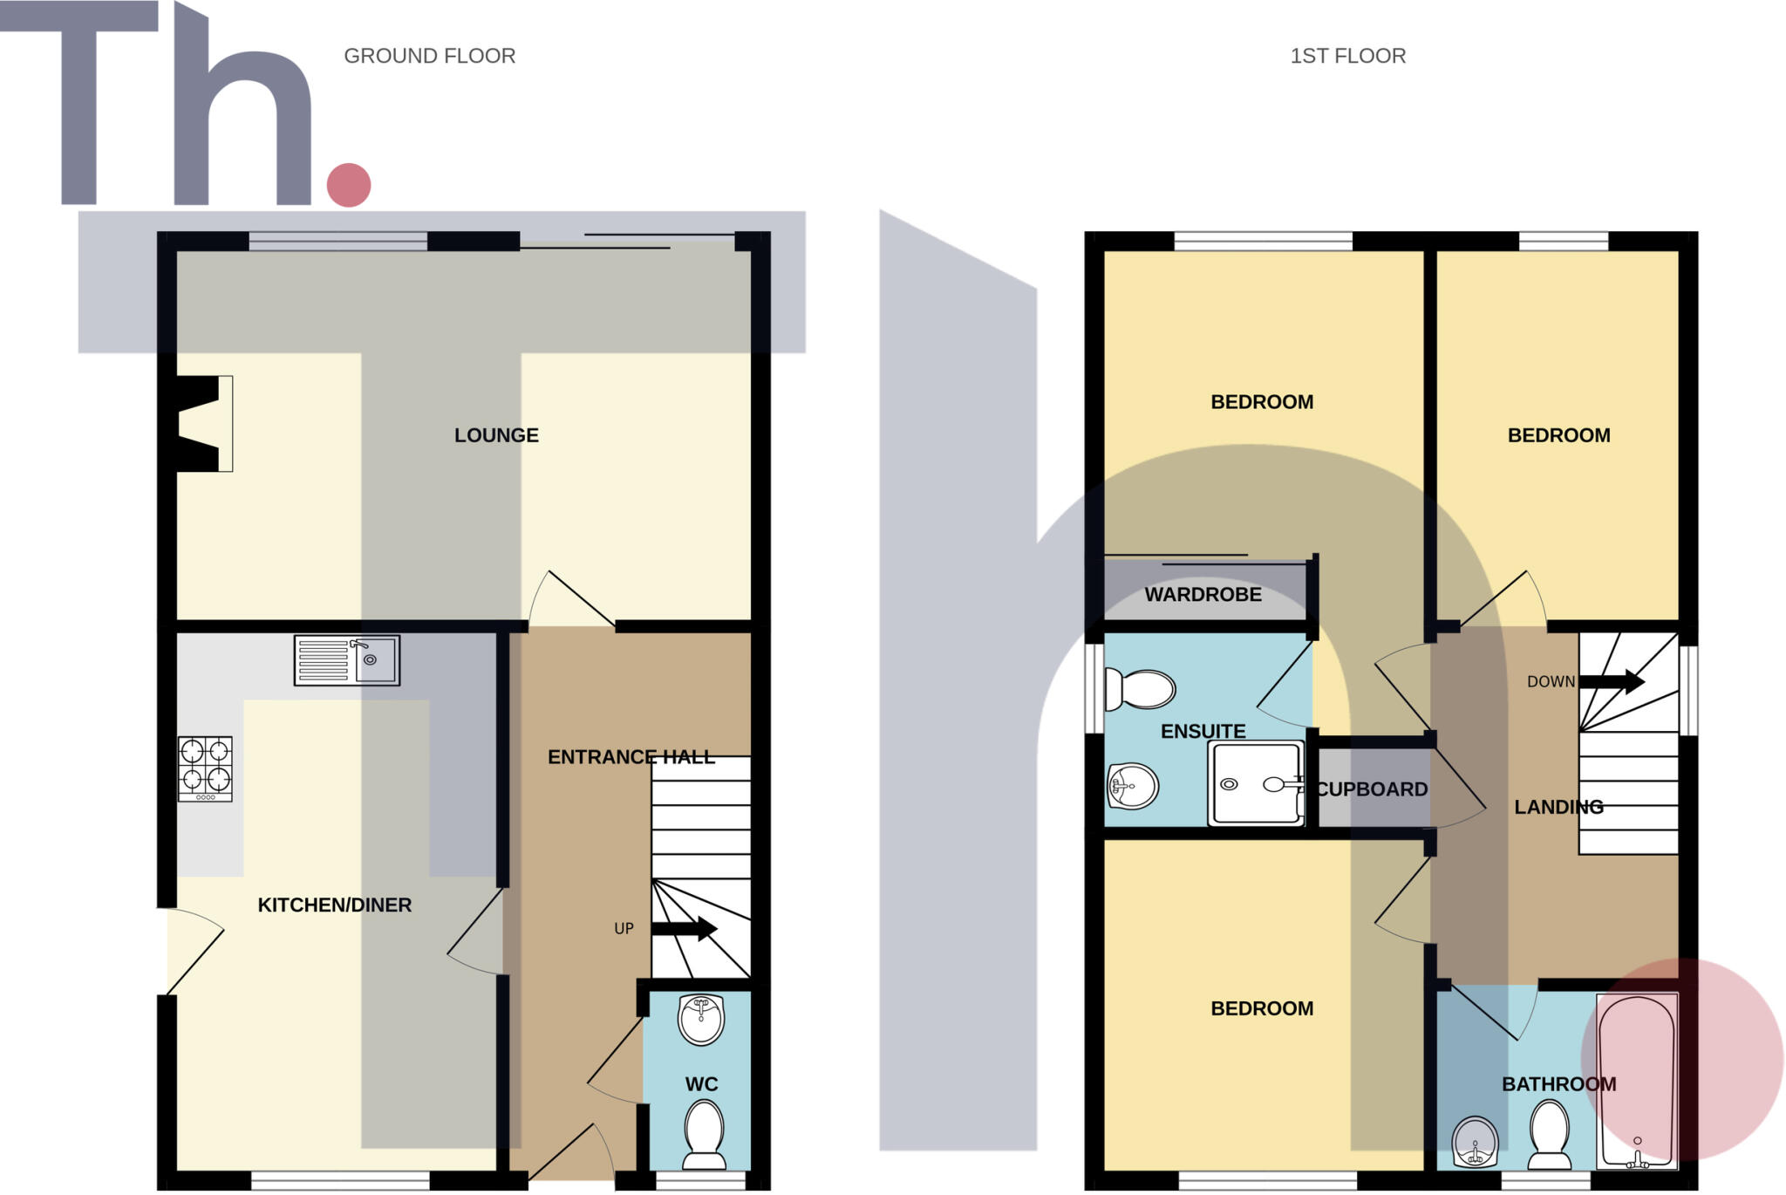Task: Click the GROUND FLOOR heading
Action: click(x=429, y=56)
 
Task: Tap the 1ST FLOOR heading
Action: click(x=1347, y=56)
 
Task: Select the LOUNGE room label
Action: click(x=496, y=435)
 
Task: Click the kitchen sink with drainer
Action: click(x=346, y=660)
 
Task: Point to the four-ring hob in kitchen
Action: click(x=205, y=768)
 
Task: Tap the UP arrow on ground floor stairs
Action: click(x=685, y=928)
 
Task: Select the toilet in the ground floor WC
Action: click(x=704, y=1134)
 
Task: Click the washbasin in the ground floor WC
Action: click(x=701, y=1019)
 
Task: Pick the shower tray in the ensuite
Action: click(x=1256, y=783)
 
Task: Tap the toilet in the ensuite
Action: click(x=1140, y=689)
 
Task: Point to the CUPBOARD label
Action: click(x=1372, y=789)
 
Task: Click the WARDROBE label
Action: click(x=1203, y=595)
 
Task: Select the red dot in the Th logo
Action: click(x=349, y=185)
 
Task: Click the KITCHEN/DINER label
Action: click(x=335, y=905)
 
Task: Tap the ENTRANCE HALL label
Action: click(x=631, y=757)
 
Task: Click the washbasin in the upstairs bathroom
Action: click(x=1475, y=1142)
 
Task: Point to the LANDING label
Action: click(x=1558, y=808)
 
